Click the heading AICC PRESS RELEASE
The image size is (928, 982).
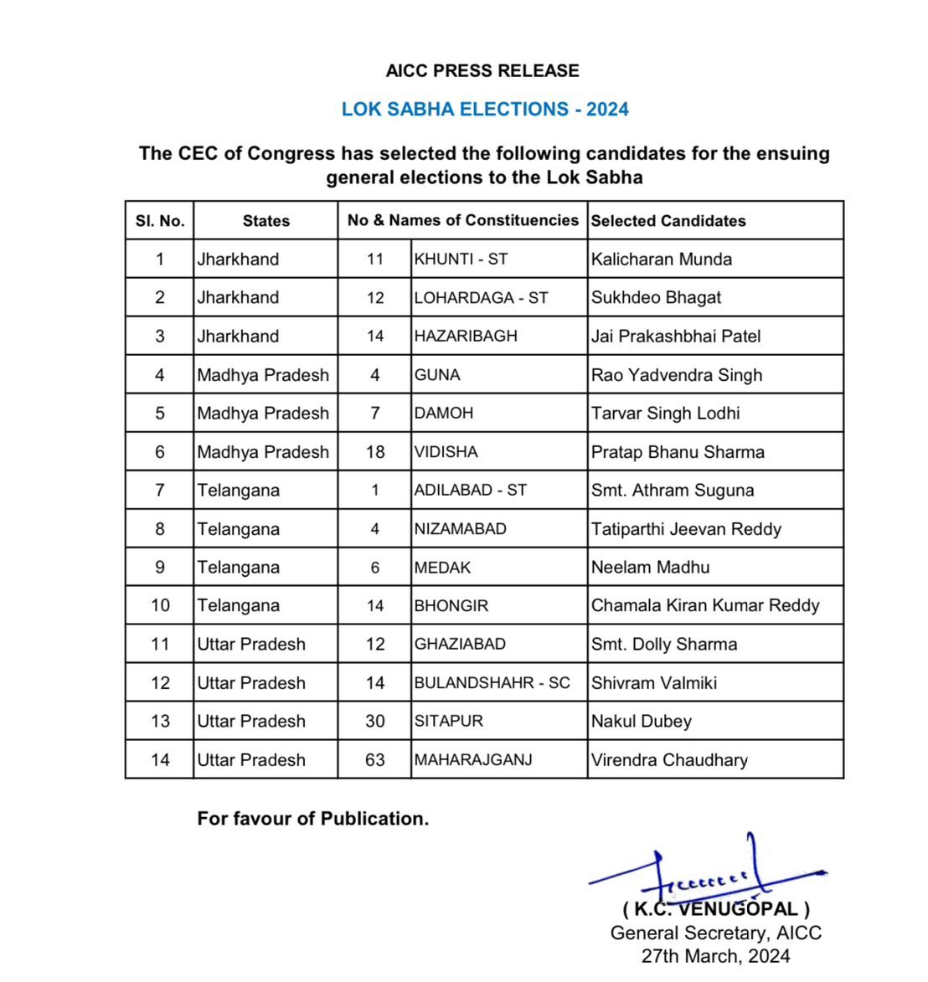click(482, 71)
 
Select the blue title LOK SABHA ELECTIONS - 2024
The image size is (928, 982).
click(485, 110)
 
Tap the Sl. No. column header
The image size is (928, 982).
click(160, 221)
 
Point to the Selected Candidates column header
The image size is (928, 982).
click(668, 221)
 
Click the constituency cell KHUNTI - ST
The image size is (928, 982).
click(461, 260)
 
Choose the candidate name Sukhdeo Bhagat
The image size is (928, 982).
click(656, 298)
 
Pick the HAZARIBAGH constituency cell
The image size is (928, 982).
click(466, 337)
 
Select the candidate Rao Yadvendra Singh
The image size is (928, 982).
click(677, 375)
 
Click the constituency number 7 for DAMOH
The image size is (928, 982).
click(375, 414)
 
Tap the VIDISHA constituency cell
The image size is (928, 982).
click(446, 452)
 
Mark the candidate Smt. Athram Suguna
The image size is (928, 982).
click(673, 491)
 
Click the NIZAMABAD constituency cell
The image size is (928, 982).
click(461, 529)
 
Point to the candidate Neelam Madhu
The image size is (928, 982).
click(651, 568)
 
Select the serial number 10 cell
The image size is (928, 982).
click(160, 605)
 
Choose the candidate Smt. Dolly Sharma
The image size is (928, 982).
click(664, 645)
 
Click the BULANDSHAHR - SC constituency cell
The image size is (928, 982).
click(492, 683)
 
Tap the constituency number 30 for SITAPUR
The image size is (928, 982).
click(375, 722)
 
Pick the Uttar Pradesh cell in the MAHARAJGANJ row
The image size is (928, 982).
click(251, 760)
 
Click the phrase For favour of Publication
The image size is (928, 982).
click(313, 819)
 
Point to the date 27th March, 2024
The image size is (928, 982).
click(715, 956)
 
